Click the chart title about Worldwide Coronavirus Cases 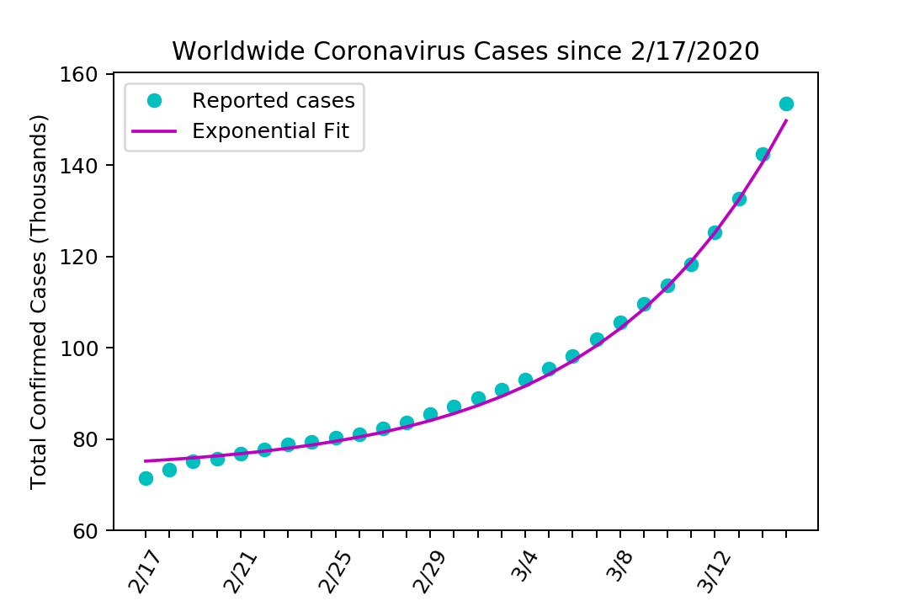point(465,51)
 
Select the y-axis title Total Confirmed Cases point(39,301)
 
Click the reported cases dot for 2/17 point(146,478)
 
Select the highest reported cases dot point(786,104)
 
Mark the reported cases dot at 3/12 point(715,232)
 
